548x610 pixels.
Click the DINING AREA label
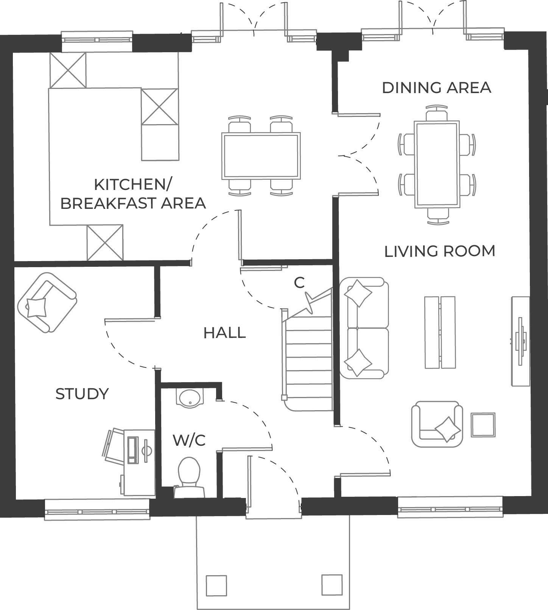[436, 87]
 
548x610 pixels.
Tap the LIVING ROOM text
[440, 251]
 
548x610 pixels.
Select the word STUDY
[82, 394]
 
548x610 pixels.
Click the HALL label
[225, 333]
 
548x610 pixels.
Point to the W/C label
[189, 440]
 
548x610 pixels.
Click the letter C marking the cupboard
[299, 283]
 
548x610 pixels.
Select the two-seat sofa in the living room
[364, 328]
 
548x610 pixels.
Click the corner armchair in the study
[47, 302]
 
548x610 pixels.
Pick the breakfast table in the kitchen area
[261, 156]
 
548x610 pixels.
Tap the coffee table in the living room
[440, 332]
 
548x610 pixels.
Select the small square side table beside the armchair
[483, 425]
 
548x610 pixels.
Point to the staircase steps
[308, 363]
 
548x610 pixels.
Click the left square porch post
[216, 585]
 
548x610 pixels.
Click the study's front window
[97, 510]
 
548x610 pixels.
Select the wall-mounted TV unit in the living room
[520, 341]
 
